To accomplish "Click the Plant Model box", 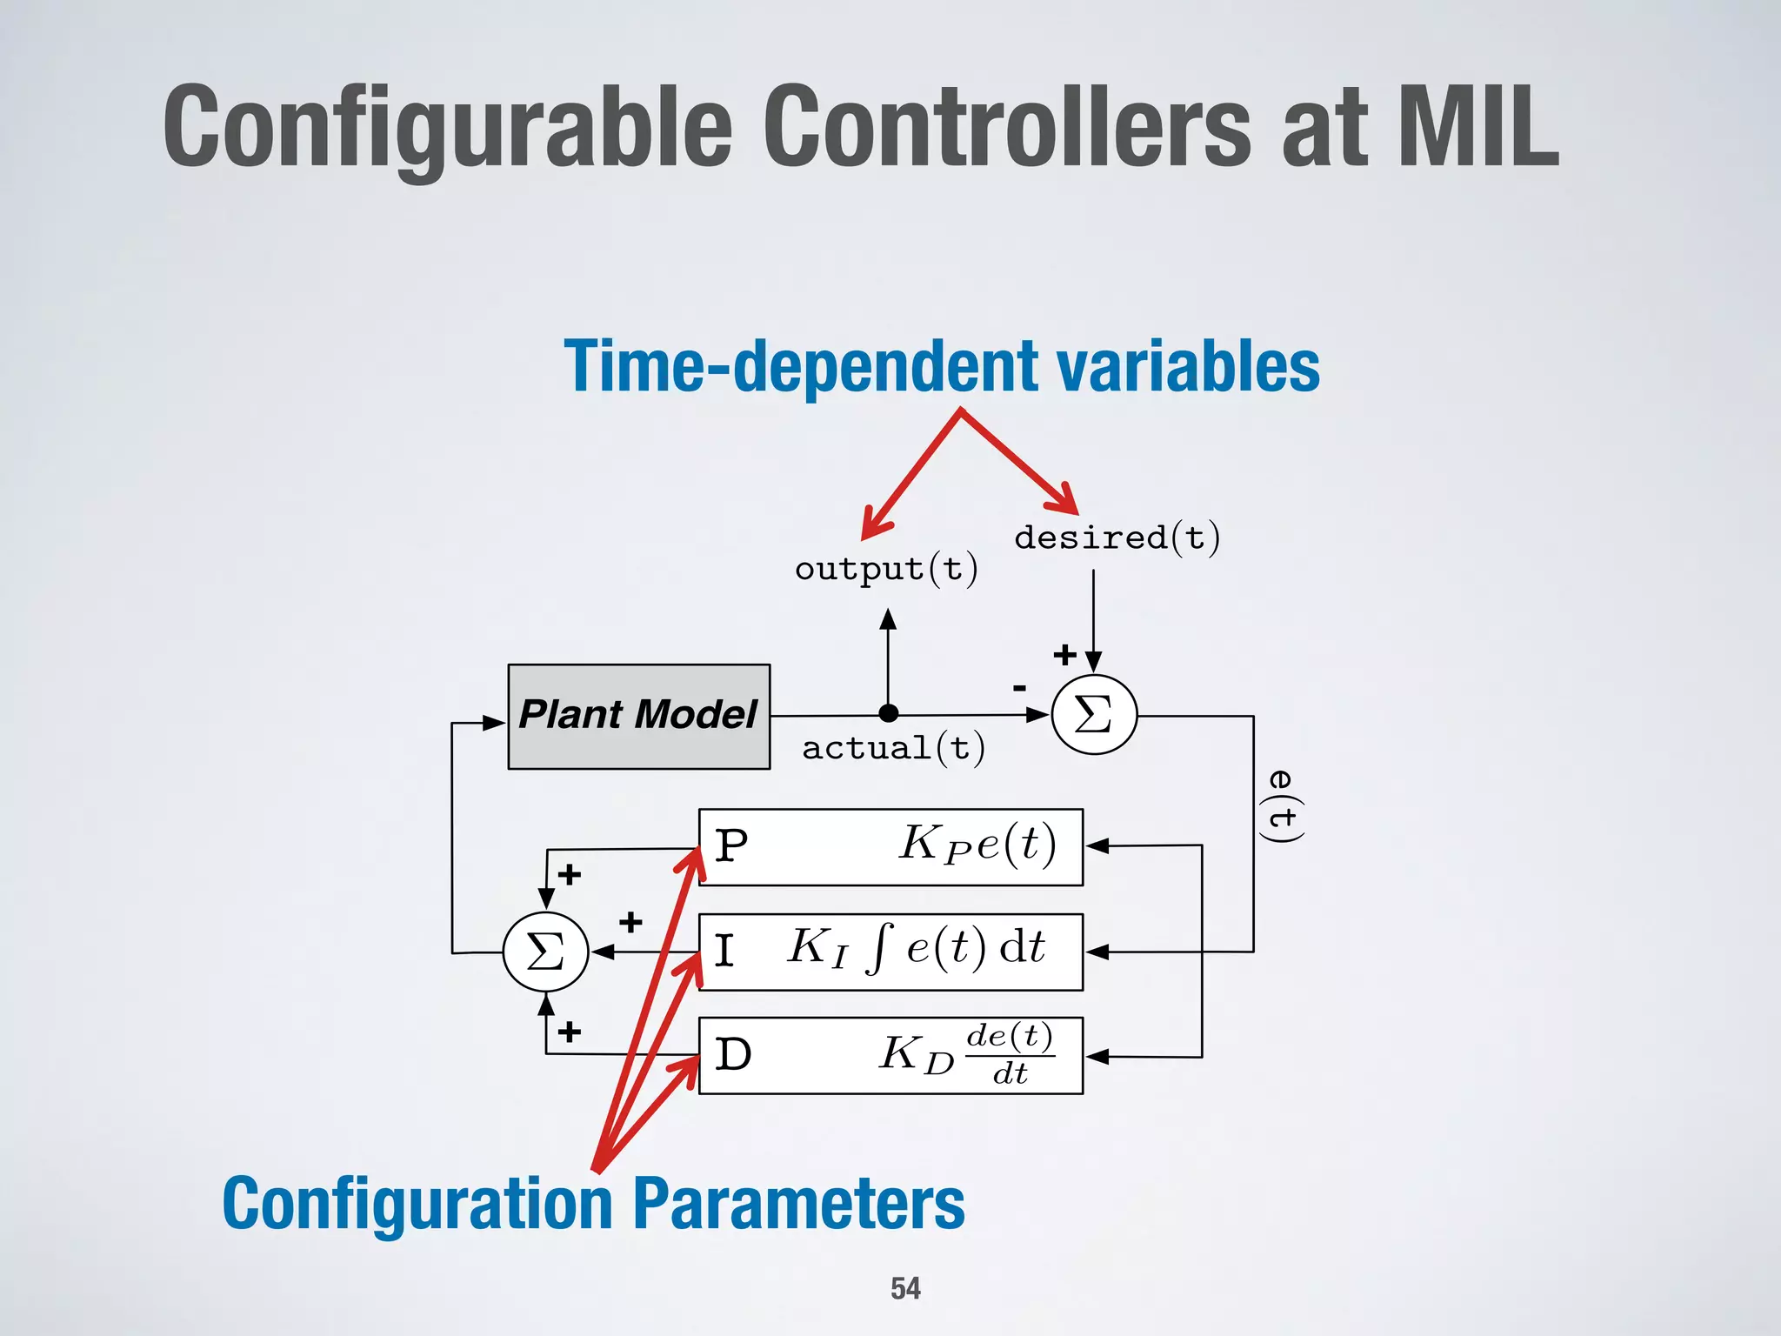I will (638, 716).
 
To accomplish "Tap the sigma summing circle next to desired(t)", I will (1094, 715).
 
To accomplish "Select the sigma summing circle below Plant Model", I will (546, 952).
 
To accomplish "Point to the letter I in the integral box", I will (724, 951).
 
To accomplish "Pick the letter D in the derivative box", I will (732, 1055).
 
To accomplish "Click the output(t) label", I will (886, 570).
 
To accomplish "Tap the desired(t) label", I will (1117, 538).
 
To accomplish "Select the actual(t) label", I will (893, 748).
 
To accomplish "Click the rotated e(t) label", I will (1281, 805).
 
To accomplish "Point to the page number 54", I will (905, 1288).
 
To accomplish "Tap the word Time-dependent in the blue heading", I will (801, 366).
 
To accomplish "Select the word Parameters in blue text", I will (798, 1204).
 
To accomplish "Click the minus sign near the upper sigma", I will (1019, 688).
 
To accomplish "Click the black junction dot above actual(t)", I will (888, 713).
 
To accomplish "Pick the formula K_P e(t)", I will (977, 844).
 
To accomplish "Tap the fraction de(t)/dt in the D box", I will (1010, 1054).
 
